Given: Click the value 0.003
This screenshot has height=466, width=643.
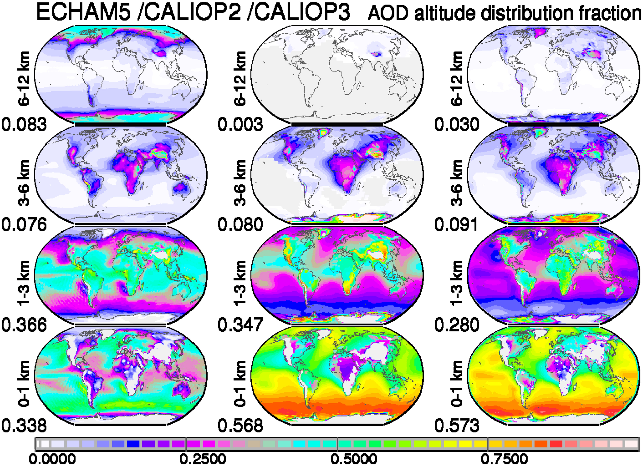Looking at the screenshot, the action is [x=240, y=124].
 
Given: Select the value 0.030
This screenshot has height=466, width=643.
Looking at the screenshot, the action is [x=457, y=124].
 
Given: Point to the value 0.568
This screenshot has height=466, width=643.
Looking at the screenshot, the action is [x=240, y=425].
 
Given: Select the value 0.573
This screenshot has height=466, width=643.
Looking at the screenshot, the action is [x=457, y=425].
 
